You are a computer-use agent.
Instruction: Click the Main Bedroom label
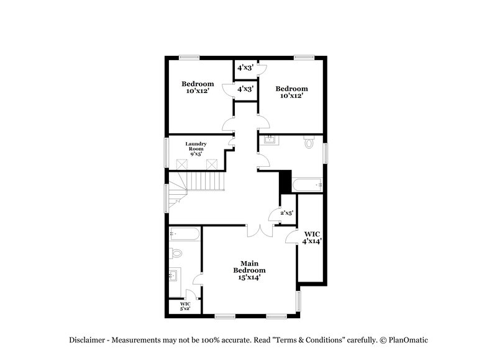(x=249, y=270)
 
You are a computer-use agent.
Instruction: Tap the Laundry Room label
(x=196, y=148)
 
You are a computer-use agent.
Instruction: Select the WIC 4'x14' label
(x=312, y=237)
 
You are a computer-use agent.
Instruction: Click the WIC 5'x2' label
(x=185, y=306)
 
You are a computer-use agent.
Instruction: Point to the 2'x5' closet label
(x=287, y=213)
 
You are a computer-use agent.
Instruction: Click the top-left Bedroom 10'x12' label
(x=198, y=87)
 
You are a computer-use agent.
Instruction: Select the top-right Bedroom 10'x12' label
(x=292, y=92)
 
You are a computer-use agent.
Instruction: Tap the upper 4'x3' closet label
(x=245, y=68)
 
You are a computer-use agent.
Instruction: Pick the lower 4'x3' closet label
(x=245, y=89)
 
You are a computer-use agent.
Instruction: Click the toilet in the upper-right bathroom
(x=309, y=143)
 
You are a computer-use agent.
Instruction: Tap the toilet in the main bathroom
(x=176, y=253)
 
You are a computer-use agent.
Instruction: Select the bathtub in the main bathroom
(x=185, y=234)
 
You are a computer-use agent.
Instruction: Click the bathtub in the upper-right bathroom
(x=307, y=184)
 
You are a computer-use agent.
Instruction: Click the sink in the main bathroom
(x=175, y=275)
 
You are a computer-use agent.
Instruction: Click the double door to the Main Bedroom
(x=260, y=230)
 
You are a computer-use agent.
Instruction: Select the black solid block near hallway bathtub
(x=285, y=182)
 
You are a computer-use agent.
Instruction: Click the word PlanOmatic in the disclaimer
(x=408, y=340)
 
